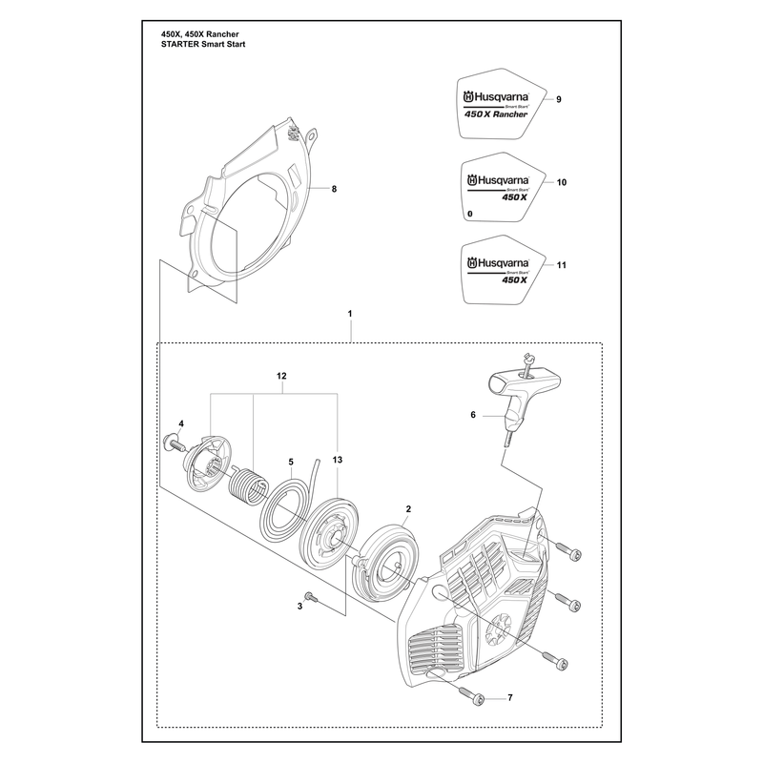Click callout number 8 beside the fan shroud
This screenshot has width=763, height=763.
[x=334, y=189]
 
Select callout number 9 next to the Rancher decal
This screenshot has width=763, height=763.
[x=559, y=99]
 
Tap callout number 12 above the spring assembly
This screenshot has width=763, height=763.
[x=281, y=376]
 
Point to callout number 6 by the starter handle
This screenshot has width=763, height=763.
[x=473, y=415]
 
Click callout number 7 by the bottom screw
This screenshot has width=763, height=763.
[x=510, y=698]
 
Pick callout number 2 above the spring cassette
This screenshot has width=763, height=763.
[x=408, y=509]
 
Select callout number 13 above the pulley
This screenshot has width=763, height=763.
[x=338, y=460]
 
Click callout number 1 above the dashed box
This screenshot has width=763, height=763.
[x=350, y=314]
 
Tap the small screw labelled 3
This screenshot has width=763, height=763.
[x=311, y=597]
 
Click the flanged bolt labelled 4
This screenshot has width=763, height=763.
[x=175, y=442]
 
